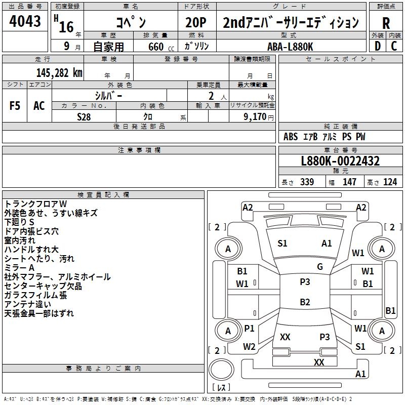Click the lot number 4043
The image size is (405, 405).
click(x=25, y=23)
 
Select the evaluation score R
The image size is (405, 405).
click(x=386, y=24)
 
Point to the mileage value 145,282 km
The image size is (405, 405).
click(x=59, y=72)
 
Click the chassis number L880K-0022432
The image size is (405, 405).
click(x=340, y=161)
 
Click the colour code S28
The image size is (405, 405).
click(x=85, y=116)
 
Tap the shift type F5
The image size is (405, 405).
click(x=15, y=105)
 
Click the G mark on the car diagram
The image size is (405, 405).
click(x=320, y=267)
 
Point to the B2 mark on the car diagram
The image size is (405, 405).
click(x=305, y=302)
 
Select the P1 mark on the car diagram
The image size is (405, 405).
click(x=249, y=329)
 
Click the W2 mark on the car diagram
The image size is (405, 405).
click(x=249, y=347)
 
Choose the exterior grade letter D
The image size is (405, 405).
click(x=377, y=46)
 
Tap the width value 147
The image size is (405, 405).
click(x=349, y=182)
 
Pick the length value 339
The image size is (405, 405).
click(x=307, y=182)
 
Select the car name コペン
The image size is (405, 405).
click(x=130, y=23)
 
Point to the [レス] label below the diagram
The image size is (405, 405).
click(x=221, y=388)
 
